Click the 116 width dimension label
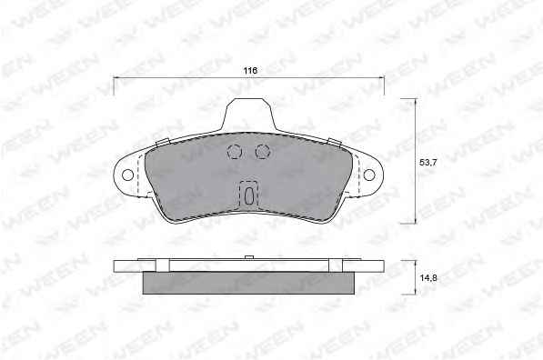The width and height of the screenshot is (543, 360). coord(250,71)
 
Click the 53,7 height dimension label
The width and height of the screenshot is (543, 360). coord(428,162)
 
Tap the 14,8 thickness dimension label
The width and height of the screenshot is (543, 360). coord(428,277)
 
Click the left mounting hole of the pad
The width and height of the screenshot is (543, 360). coord(127,175)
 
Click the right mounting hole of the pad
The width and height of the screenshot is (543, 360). coord(369,175)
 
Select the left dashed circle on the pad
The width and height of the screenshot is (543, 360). coord(235,151)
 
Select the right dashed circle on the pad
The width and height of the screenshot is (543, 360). coord(263,151)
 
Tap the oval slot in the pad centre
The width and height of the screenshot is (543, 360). coord(248,195)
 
